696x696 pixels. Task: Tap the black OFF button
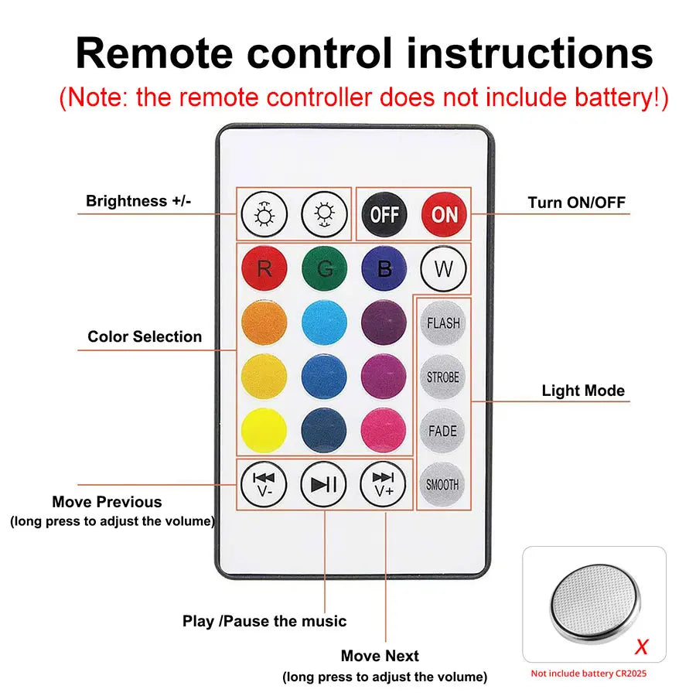(x=384, y=213)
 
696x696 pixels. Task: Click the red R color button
(x=264, y=269)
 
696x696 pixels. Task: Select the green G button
(x=325, y=269)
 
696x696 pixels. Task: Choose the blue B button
(x=384, y=269)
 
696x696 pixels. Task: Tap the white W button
(x=443, y=269)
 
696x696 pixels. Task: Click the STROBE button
(x=443, y=377)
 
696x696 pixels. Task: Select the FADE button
(x=443, y=431)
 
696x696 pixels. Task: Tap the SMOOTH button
(x=443, y=485)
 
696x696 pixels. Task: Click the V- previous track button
(x=264, y=484)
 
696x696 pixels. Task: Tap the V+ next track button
(x=384, y=484)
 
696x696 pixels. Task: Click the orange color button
(x=264, y=323)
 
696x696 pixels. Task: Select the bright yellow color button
(x=264, y=431)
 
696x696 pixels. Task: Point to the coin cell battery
(x=595, y=600)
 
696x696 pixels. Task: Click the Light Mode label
(x=583, y=391)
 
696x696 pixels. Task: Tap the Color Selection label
(x=145, y=336)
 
